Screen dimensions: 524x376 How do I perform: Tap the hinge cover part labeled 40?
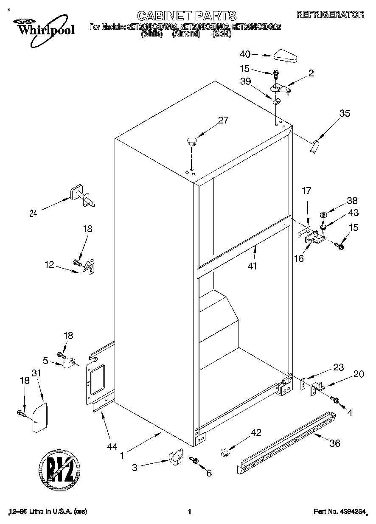(287, 56)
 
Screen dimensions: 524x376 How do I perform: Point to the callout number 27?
(223, 120)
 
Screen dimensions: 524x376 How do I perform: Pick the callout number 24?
(34, 214)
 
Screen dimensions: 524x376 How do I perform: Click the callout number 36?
(335, 444)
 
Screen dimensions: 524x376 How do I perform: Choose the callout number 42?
(255, 433)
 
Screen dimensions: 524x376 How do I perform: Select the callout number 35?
(345, 113)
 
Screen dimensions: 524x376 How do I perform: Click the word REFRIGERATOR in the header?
(330, 14)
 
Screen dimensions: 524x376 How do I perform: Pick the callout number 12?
(49, 265)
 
